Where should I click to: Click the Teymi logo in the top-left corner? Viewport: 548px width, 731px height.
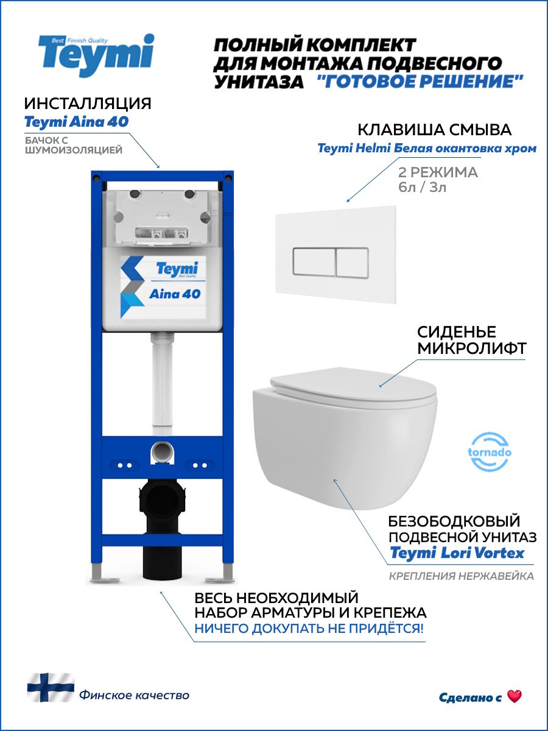[x=96, y=55]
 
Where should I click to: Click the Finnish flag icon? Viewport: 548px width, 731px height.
[x=50, y=687]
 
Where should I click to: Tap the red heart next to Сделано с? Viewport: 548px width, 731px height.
[x=515, y=697]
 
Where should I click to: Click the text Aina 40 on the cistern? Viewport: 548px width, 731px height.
[x=175, y=294]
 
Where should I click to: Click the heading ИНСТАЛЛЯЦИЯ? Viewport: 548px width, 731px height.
[x=88, y=102]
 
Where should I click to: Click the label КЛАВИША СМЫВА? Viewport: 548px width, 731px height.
[x=434, y=130]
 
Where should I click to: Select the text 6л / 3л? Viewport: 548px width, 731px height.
[x=421, y=187]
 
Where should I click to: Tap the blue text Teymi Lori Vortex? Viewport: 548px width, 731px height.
[x=457, y=553]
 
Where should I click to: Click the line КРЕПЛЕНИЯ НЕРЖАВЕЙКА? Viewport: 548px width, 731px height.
[x=461, y=576]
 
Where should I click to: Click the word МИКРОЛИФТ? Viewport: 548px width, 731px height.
[x=471, y=349]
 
